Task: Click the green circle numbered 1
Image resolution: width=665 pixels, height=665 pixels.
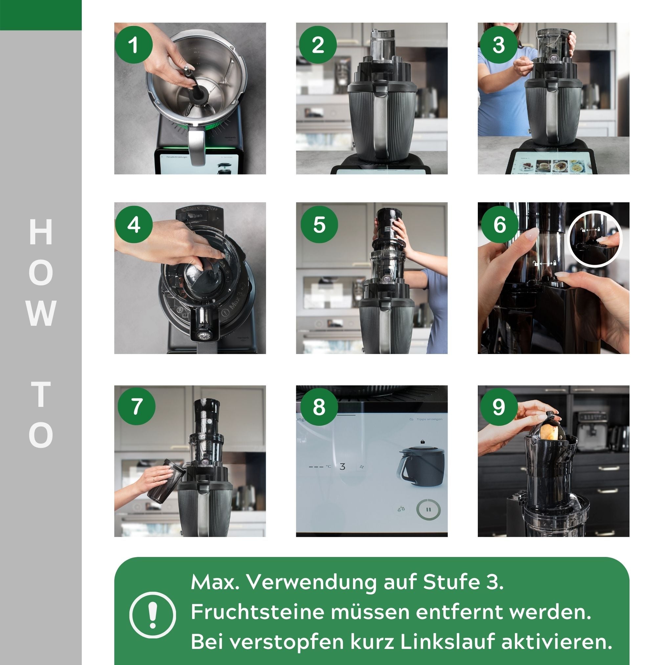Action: click(x=134, y=45)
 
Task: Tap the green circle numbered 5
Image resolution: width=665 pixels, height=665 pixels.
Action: click(x=319, y=224)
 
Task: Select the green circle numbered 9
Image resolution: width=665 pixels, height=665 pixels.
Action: click(x=499, y=407)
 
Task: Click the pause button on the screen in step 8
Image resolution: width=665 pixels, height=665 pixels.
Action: click(x=428, y=510)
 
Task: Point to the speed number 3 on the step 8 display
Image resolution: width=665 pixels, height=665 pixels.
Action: click(x=342, y=467)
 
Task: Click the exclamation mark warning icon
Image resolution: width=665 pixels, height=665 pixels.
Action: click(x=152, y=615)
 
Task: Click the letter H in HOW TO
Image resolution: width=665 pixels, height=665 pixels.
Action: click(x=41, y=232)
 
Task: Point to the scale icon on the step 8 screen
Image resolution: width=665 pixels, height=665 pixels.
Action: click(x=401, y=509)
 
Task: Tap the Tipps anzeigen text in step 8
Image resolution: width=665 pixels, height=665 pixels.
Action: click(x=429, y=419)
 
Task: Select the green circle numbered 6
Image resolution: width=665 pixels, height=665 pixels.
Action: click(x=499, y=224)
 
